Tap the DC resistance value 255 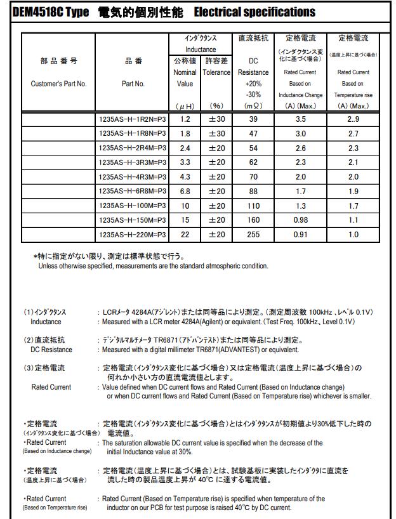coord(253,234)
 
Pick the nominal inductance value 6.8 coord(185,191)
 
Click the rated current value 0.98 coord(300,220)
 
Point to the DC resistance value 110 coord(253,206)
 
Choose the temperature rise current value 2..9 coord(353,119)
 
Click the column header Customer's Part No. coord(58,84)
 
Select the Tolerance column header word coord(216,72)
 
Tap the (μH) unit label coord(185,105)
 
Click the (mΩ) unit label coord(253,105)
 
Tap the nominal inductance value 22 coord(185,234)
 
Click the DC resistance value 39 coord(253,119)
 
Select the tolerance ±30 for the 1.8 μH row coord(216,134)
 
